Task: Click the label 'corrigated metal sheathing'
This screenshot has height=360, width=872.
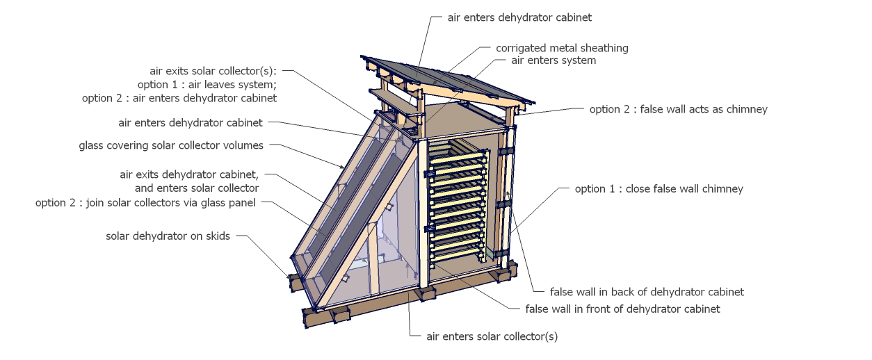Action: point(562,48)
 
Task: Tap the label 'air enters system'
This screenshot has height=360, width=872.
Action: point(553,60)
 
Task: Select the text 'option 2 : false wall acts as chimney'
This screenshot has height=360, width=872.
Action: point(678,109)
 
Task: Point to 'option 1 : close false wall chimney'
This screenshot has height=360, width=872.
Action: point(659,188)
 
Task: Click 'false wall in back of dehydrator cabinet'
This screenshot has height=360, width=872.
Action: point(647,292)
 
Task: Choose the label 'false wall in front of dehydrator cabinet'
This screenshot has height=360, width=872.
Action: point(622,309)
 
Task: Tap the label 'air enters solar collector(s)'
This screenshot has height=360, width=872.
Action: point(492,336)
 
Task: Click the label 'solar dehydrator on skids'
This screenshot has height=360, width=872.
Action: point(168,236)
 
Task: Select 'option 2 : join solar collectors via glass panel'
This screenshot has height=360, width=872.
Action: point(145,203)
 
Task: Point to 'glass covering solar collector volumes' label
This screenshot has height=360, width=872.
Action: point(171,146)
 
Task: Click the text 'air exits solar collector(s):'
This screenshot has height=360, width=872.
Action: point(213,71)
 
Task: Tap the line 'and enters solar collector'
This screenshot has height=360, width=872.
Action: point(197,188)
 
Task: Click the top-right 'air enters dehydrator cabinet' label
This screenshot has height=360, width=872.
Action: point(519,17)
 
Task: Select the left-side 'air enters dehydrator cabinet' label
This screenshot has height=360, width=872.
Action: point(191,123)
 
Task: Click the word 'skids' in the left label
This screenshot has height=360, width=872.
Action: point(216,236)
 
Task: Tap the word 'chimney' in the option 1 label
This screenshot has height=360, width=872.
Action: point(723,188)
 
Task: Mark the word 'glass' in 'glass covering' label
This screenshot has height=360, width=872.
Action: point(92,146)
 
